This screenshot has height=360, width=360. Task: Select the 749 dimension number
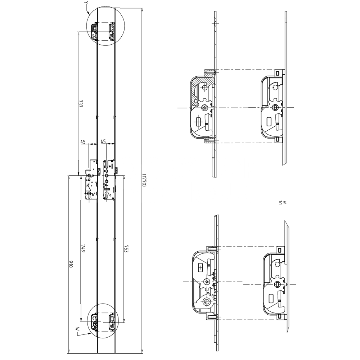(83, 249)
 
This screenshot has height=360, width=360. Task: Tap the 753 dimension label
(126, 249)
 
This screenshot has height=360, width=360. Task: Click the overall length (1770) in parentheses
(144, 179)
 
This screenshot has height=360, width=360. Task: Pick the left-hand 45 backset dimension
(83, 141)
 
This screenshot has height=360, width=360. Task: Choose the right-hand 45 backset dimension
(103, 141)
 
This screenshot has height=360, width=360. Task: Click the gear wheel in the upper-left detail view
(206, 107)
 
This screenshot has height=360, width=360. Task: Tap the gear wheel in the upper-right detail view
(275, 107)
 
